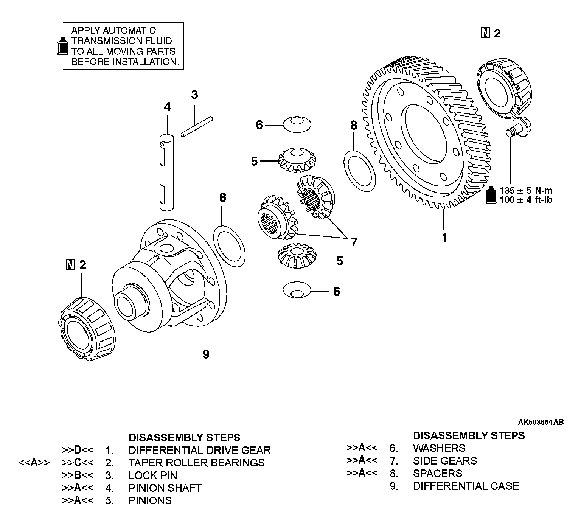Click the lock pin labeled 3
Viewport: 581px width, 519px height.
[x=196, y=126]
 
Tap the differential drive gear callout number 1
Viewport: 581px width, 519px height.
[x=445, y=238]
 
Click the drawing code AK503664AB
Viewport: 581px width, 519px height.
[x=541, y=422]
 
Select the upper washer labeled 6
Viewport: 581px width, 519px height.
[x=297, y=124]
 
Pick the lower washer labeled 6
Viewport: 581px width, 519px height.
[x=297, y=291]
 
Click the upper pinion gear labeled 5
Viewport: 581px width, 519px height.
[x=297, y=160]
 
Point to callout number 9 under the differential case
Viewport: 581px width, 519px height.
[x=206, y=354]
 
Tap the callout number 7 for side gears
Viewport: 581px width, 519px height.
[x=354, y=242]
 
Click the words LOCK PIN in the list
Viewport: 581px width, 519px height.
[x=153, y=475]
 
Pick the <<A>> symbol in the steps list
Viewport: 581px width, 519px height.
[x=34, y=463]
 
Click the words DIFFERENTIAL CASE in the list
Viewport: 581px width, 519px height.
[x=466, y=486]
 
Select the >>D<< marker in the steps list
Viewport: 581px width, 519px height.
[x=78, y=450]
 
